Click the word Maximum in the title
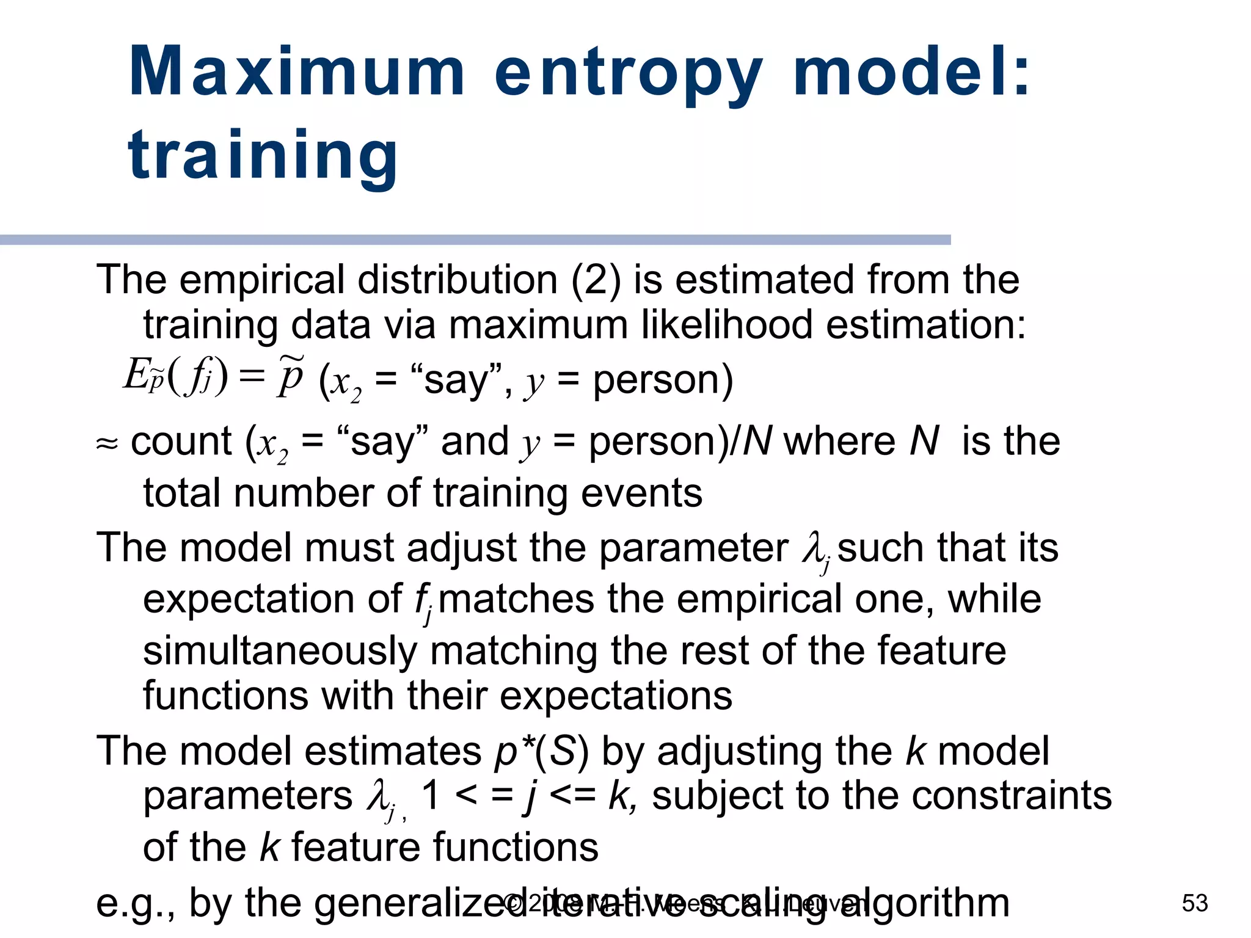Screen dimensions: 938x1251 tap(297, 72)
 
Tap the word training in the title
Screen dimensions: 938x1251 tap(263, 156)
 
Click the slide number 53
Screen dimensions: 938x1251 tap(1195, 903)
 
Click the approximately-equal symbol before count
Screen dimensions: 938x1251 tap(107, 443)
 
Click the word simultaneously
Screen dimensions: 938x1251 tap(280, 650)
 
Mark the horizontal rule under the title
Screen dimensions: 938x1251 tap(475, 240)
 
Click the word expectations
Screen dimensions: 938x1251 tap(616, 696)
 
